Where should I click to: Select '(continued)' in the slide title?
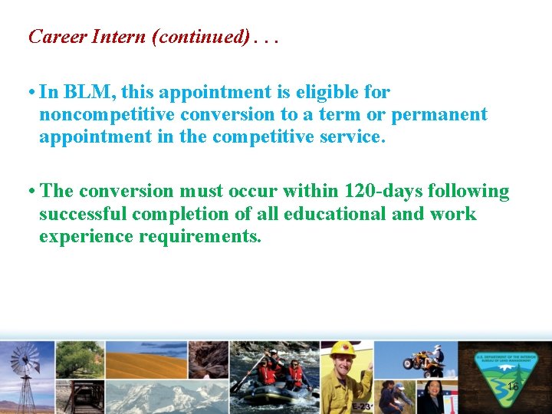[x=201, y=37]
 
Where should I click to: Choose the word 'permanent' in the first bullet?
[x=439, y=115]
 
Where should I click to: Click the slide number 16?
[x=513, y=387]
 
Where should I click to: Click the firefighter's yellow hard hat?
[x=343, y=350]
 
